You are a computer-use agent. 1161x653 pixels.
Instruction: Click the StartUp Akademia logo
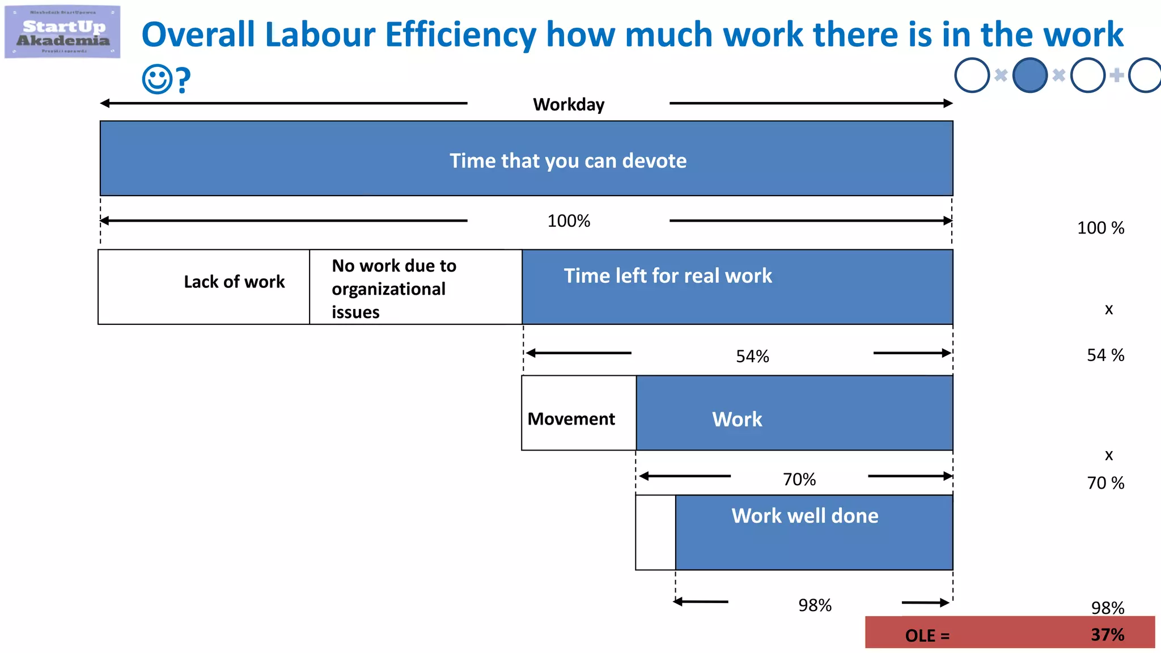(62, 32)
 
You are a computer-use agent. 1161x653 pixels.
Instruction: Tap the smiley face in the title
(156, 79)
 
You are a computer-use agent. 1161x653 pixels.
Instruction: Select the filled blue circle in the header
(1029, 75)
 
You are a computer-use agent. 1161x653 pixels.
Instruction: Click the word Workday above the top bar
(569, 104)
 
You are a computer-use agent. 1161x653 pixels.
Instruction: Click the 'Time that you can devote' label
(568, 161)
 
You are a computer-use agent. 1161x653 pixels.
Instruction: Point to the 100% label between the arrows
(569, 221)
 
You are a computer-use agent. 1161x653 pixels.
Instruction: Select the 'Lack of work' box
(204, 287)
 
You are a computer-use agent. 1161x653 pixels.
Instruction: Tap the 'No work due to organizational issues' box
(416, 287)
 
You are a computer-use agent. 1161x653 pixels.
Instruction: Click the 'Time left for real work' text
(667, 276)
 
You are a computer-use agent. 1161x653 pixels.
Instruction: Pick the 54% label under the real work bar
(752, 356)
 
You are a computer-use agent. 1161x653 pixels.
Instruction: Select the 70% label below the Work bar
(799, 480)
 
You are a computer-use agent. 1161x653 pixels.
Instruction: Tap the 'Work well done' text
(804, 516)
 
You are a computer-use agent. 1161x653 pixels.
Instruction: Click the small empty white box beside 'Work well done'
(655, 532)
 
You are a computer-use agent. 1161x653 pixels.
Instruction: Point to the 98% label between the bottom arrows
(815, 605)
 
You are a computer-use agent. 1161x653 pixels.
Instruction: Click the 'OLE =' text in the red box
(927, 635)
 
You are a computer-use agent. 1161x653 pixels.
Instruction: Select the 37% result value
(1107, 634)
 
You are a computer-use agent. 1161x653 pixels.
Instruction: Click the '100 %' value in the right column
(1100, 228)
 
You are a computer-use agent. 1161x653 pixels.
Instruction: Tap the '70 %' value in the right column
(1105, 483)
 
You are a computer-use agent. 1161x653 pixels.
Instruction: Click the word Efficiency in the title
(460, 35)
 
